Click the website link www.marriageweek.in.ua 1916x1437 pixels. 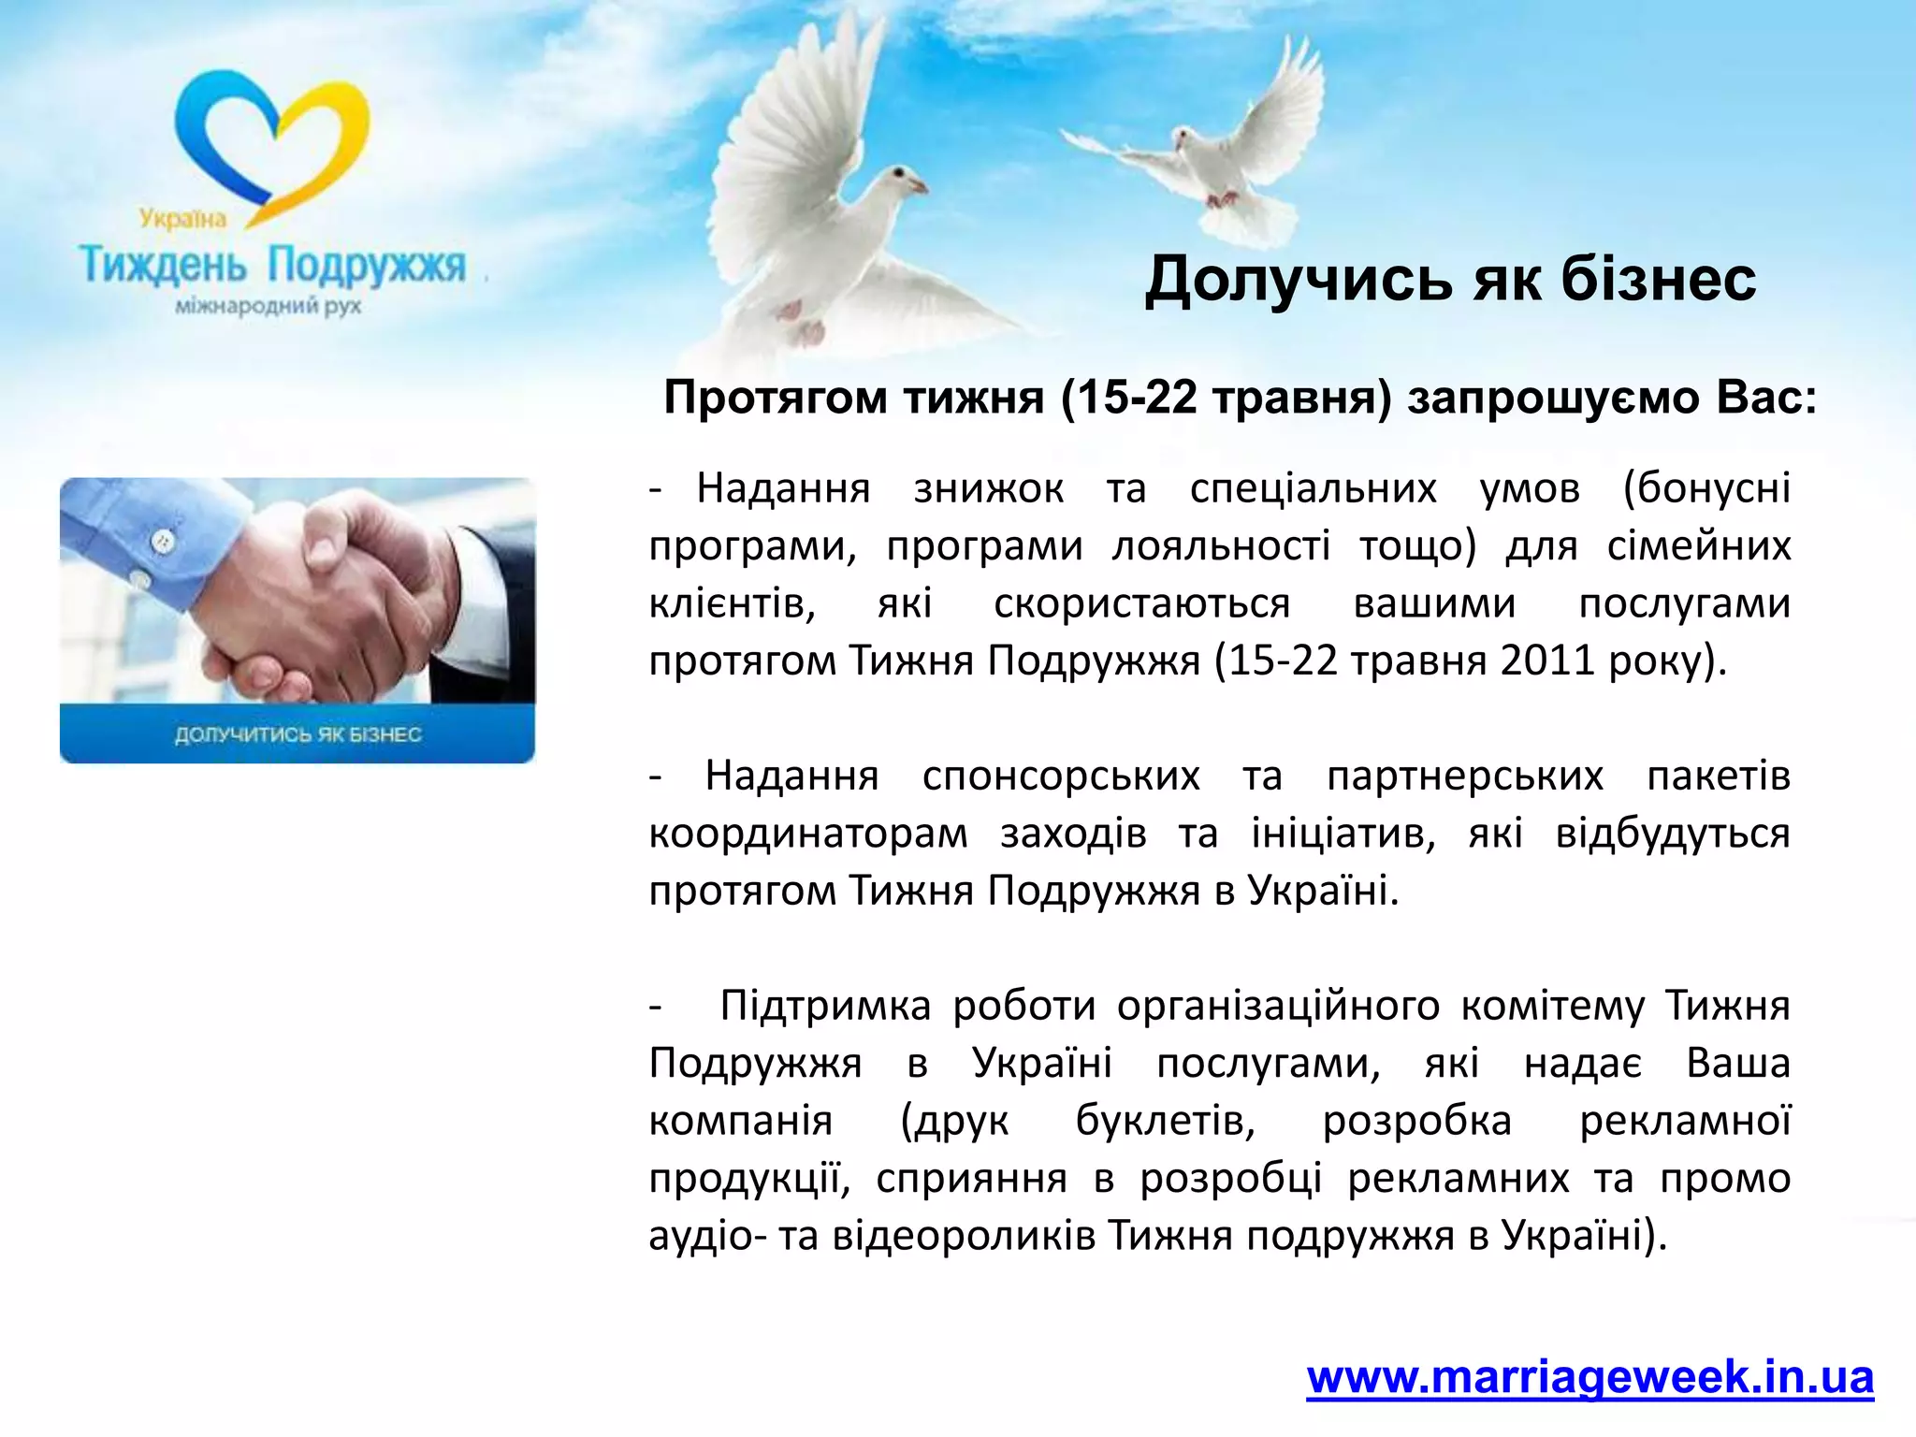click(1589, 1378)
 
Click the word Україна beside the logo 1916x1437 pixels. click(183, 219)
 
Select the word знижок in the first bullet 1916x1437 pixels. click(988, 488)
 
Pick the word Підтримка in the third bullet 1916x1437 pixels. click(824, 1006)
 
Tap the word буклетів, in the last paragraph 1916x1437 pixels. click(1165, 1121)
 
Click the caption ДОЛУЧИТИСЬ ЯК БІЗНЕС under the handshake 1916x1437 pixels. click(298, 734)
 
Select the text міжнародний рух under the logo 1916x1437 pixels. click(269, 307)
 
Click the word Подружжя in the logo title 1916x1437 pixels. click(367, 266)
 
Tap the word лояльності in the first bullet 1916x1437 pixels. click(1220, 546)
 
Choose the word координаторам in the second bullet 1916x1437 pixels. click(808, 834)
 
